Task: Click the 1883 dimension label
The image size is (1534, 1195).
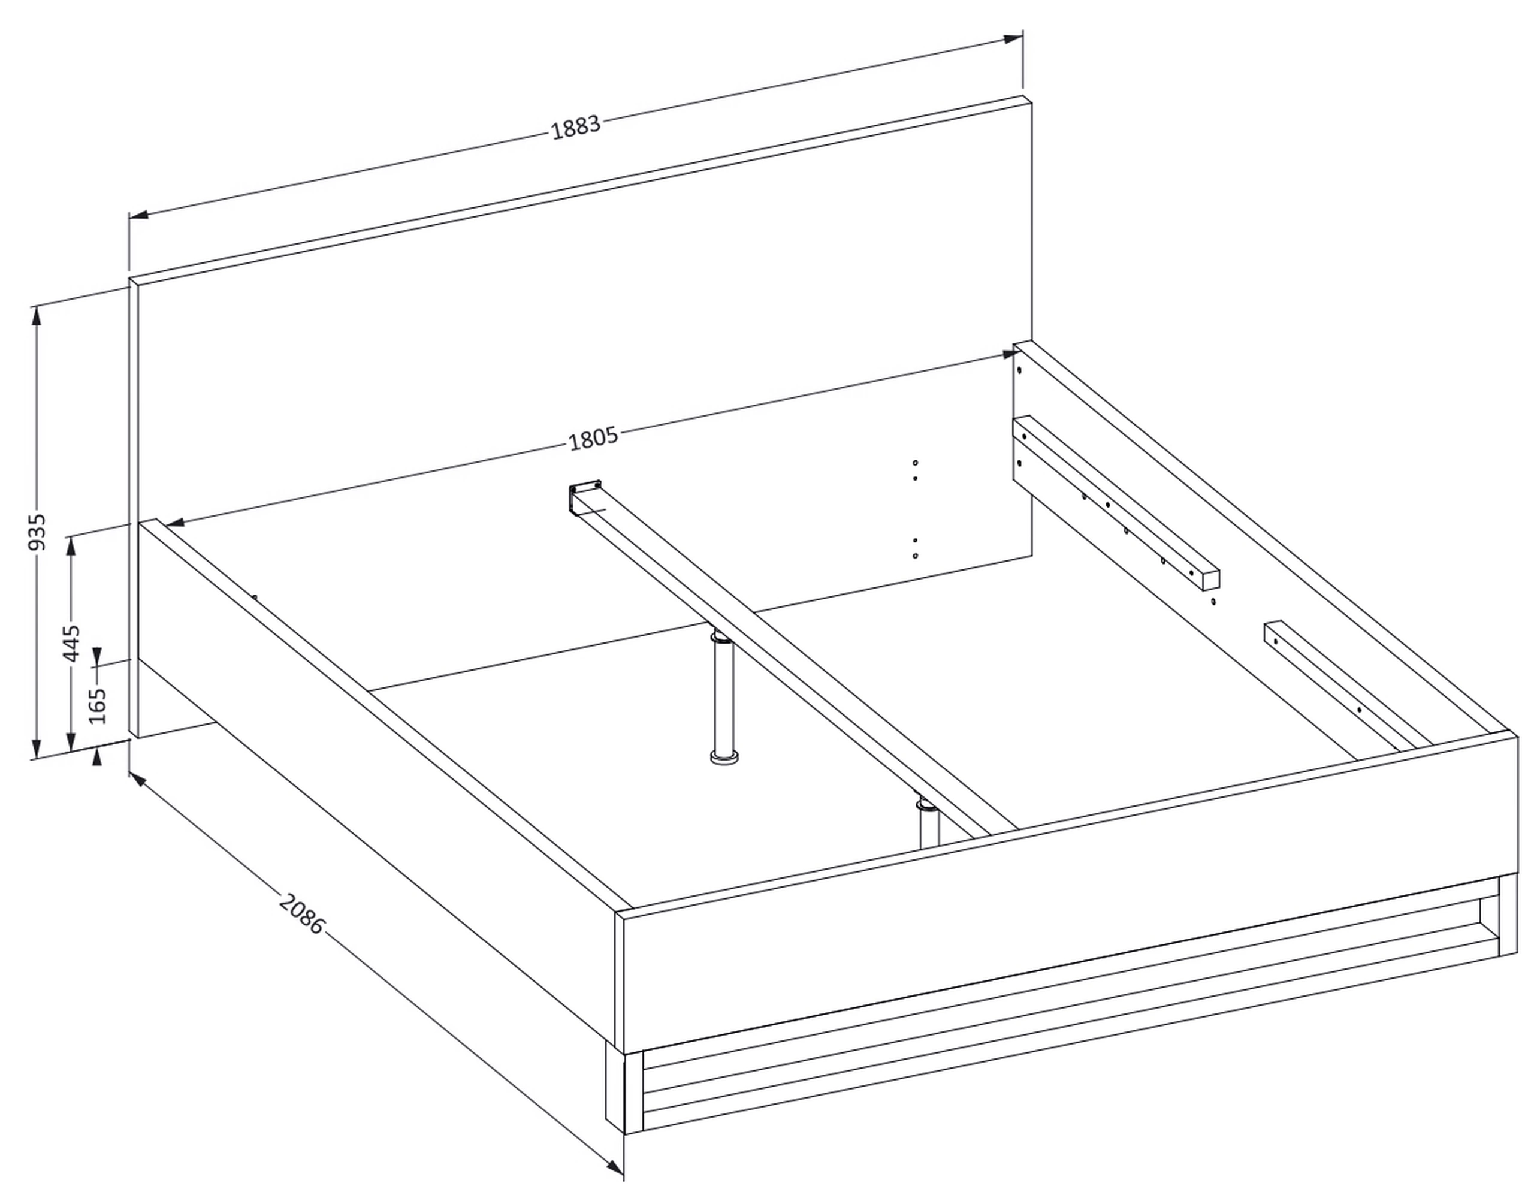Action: pos(576,127)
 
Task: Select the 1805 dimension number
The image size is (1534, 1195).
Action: pos(593,438)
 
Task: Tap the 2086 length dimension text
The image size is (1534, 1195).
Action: pos(302,913)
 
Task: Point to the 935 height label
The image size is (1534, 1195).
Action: pos(38,532)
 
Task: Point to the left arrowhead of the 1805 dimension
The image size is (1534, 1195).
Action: pos(174,523)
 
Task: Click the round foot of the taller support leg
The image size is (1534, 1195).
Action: pos(724,757)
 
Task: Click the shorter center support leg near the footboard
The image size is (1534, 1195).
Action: pos(929,823)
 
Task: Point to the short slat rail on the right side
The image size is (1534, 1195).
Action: pos(1347,685)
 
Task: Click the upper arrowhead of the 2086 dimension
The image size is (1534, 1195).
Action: pos(138,782)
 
